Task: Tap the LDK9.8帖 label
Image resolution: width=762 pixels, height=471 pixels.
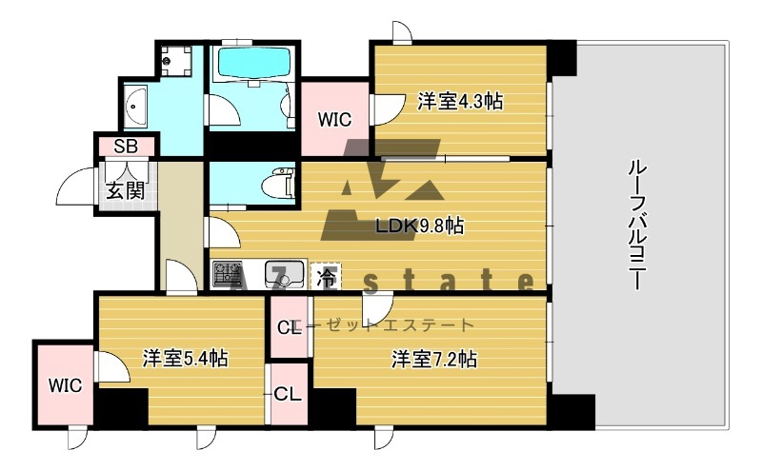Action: (420, 226)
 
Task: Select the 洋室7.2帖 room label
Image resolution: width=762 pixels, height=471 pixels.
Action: (433, 359)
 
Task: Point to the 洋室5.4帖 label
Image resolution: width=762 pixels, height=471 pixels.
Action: (185, 359)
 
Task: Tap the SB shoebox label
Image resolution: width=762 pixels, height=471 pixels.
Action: (125, 147)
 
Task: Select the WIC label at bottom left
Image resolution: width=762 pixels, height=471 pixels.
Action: (66, 385)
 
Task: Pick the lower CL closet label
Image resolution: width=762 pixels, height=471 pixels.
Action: (287, 393)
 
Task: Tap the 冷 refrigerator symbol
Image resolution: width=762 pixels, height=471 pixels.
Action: (325, 277)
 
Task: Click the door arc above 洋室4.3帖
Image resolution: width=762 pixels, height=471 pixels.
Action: (401, 33)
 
